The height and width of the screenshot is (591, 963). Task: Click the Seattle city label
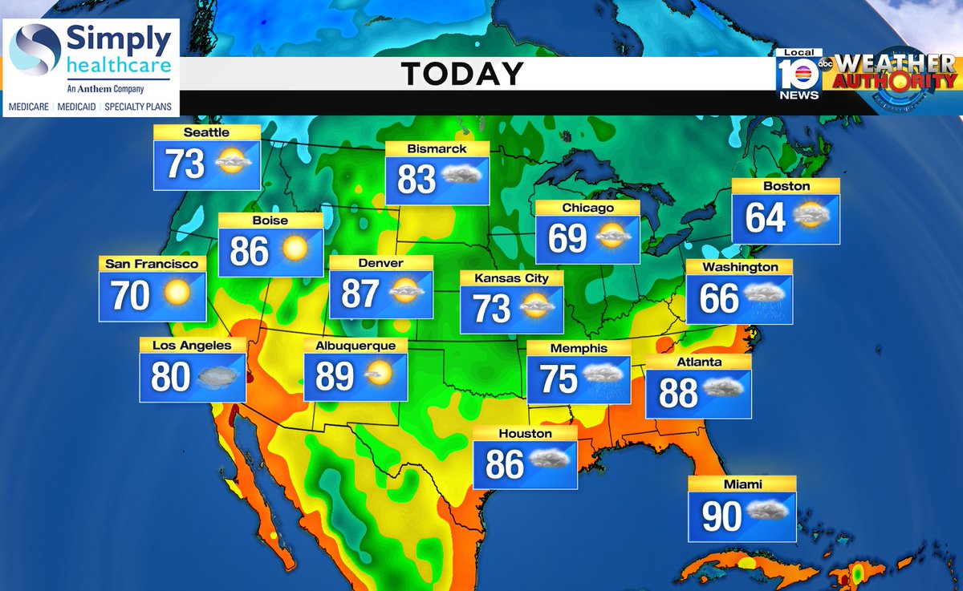point(206,132)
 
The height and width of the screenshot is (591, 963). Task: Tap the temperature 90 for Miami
point(722,517)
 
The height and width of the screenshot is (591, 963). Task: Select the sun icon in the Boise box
point(295,250)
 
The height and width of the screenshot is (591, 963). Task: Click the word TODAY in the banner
point(462,74)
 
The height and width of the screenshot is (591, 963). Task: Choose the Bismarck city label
point(437,148)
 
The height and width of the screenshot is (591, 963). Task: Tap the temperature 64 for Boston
point(765,217)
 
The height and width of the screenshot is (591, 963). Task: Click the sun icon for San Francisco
point(177,293)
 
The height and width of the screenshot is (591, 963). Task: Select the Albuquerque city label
point(356,346)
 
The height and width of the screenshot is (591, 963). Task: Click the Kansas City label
point(511,277)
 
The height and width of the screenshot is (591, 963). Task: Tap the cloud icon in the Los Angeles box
point(220,376)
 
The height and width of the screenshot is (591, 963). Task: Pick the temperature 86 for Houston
point(504,463)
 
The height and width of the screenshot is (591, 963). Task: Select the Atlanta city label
point(698,362)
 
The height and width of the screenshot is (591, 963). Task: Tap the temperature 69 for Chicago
point(567,238)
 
